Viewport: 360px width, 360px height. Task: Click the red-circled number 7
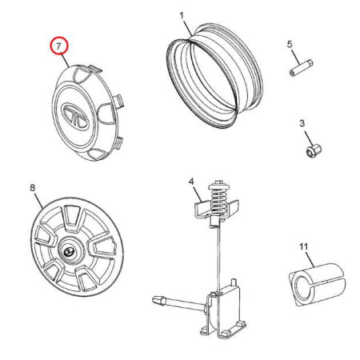(x=59, y=46)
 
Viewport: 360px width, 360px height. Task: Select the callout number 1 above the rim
(x=182, y=16)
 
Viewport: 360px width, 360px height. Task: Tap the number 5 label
(x=290, y=44)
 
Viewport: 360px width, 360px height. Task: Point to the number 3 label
(x=302, y=123)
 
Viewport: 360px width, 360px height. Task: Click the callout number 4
(x=191, y=182)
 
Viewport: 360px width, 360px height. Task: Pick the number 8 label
(x=32, y=188)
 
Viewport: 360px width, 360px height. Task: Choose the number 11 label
(x=304, y=246)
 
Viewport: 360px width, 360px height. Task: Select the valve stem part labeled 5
(x=301, y=68)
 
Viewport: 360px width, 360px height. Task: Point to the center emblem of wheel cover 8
(x=69, y=252)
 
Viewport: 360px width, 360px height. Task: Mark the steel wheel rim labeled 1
(x=215, y=76)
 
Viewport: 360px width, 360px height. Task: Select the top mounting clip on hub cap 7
(x=95, y=69)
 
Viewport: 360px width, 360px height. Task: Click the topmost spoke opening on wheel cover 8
(x=72, y=216)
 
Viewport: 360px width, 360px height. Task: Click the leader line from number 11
(x=310, y=259)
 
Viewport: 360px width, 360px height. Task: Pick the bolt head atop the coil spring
(x=219, y=182)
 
